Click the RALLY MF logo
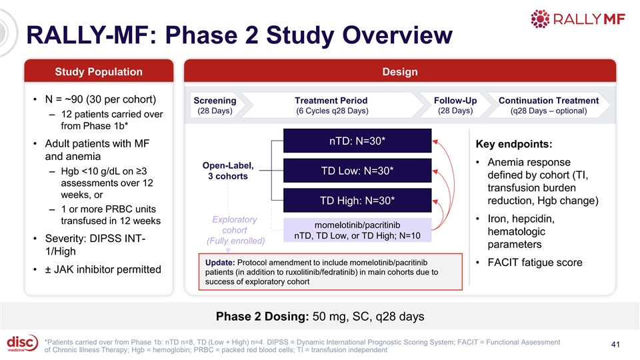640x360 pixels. coord(577,19)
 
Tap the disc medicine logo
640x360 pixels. coord(23,343)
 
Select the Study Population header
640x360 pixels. coord(99,71)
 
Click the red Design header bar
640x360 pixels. coord(400,71)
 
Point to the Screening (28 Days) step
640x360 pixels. coord(215,105)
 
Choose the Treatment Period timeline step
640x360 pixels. coord(332,105)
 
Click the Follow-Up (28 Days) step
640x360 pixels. coord(455,105)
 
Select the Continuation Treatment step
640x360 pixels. coord(549,105)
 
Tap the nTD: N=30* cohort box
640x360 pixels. coord(357,141)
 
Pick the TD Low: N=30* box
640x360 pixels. coord(357,171)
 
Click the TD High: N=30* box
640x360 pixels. coord(357,201)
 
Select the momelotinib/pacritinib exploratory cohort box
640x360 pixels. coord(357,230)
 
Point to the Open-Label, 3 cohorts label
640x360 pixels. coord(228,171)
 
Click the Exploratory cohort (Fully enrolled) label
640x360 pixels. coord(235,230)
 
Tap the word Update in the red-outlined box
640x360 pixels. coord(219,263)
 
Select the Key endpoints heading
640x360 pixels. coord(514,144)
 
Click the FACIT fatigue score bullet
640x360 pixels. coord(535,263)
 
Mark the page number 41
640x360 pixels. coord(615,345)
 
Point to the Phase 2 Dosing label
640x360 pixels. coord(262,316)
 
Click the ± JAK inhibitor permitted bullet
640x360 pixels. coord(103,269)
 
